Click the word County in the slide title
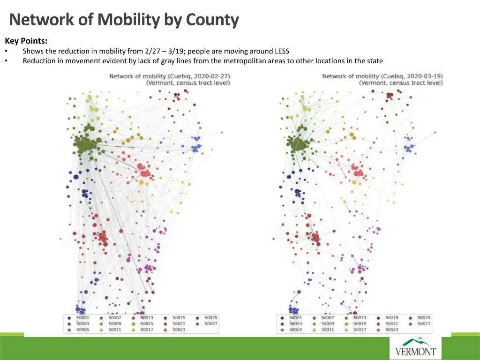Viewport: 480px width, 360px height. [212, 20]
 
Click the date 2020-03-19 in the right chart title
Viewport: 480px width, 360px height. [424, 76]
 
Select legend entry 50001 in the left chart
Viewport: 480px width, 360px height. [82, 318]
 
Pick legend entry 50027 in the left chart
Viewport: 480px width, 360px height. [210, 324]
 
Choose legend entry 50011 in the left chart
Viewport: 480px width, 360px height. [115, 330]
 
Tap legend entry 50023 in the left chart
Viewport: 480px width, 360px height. [179, 330]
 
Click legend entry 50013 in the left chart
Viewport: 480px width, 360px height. [146, 318]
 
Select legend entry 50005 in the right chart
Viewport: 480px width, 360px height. [295, 330]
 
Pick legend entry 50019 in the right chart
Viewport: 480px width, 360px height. [391, 318]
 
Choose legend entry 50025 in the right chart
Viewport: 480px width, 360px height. [423, 318]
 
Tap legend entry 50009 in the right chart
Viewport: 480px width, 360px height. [327, 324]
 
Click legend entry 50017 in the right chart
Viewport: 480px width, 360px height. [360, 330]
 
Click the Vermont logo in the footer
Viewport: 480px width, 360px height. [415, 347]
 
